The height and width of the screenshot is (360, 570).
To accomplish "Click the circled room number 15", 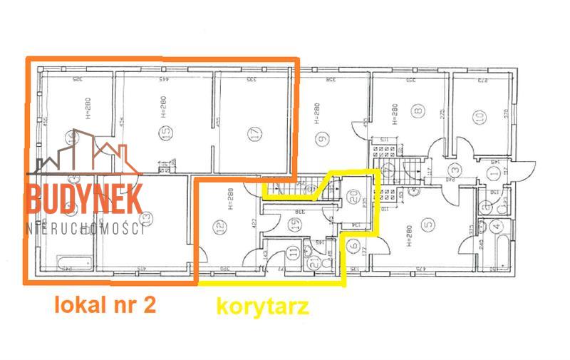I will point(167,133).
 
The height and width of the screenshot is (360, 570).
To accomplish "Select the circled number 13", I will point(145,217).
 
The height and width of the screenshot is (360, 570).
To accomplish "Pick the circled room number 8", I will point(419,110).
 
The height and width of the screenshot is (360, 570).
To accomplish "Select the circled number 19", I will point(294,223).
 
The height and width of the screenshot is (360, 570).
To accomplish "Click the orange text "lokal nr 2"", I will point(106,305).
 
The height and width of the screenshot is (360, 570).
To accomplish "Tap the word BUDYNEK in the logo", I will point(84,197).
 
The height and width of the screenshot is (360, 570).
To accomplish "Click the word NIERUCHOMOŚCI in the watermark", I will point(84,227).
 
